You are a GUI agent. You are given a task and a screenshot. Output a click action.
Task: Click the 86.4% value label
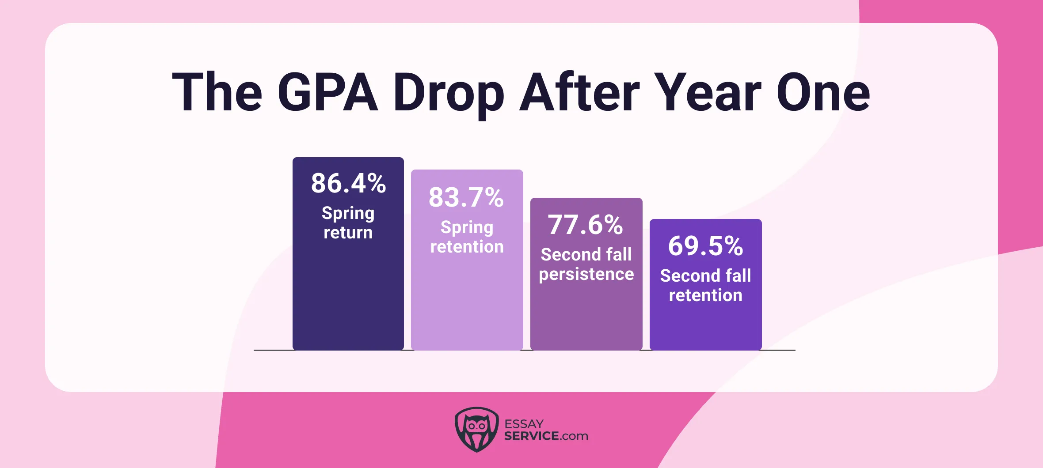[x=348, y=183]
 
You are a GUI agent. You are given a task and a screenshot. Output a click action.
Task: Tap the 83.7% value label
[x=466, y=197]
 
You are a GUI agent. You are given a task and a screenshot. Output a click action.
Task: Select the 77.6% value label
[x=586, y=225]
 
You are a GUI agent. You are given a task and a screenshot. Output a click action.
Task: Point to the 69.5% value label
[x=705, y=246]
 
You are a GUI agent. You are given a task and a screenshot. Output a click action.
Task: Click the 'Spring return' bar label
[x=348, y=223]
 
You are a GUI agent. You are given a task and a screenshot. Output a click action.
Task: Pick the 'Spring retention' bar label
[x=467, y=237]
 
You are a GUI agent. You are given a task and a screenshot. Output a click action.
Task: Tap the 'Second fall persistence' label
[x=586, y=264]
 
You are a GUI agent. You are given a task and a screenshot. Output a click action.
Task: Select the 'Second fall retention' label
[x=705, y=285]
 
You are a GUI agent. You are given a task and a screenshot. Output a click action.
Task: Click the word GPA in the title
[x=327, y=93]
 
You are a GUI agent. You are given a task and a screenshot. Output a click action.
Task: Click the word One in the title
[x=823, y=93]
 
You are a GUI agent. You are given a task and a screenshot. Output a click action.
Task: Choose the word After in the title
[x=579, y=93]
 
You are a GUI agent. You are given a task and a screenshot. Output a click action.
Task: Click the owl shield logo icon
[x=476, y=429]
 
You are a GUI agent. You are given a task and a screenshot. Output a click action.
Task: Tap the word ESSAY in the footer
[x=524, y=424]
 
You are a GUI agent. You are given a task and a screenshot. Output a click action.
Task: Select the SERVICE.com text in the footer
[x=546, y=436]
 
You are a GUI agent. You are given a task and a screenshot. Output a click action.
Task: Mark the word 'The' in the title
[x=217, y=93]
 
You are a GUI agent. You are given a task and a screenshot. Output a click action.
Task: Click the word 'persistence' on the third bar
[x=586, y=275]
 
